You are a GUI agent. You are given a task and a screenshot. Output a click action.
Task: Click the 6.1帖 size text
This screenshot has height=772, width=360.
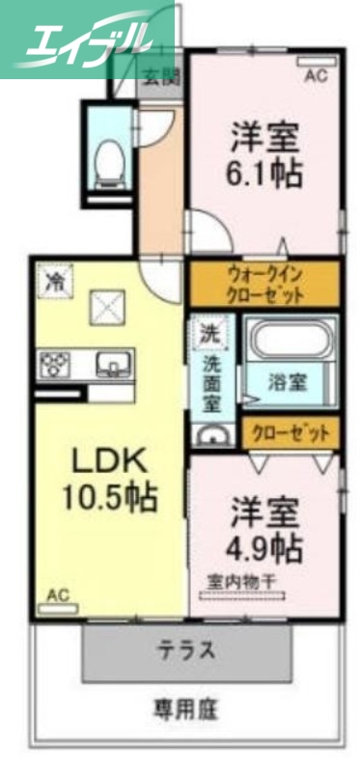pyautogui.click(x=265, y=173)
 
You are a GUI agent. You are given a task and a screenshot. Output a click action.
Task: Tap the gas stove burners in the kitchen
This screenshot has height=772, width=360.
pyautogui.click(x=54, y=365)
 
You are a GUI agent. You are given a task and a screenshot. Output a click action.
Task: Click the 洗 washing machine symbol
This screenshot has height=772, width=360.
pyautogui.click(x=208, y=334)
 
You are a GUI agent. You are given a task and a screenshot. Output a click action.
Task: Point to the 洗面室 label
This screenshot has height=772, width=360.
pyautogui.click(x=209, y=381)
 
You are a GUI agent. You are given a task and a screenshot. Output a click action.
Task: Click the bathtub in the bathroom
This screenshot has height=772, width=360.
pyautogui.click(x=291, y=341)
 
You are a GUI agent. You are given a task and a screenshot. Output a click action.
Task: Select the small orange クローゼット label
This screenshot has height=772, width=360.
pyautogui.click(x=290, y=433)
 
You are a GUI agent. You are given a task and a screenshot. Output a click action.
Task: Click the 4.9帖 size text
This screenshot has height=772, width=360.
pyautogui.click(x=265, y=548)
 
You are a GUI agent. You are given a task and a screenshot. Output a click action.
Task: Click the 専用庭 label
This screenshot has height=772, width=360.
pyautogui.click(x=185, y=709)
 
